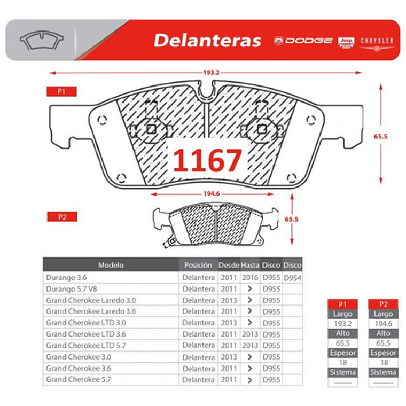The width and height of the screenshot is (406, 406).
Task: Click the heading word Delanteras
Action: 207,41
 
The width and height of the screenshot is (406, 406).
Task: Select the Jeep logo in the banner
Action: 346,42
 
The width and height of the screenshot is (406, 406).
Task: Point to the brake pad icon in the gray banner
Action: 41,40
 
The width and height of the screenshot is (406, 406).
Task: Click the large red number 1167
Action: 207,160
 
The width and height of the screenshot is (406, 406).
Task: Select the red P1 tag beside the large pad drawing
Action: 61,92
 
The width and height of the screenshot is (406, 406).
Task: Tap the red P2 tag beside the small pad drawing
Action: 61,217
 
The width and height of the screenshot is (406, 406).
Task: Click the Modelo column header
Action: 111,265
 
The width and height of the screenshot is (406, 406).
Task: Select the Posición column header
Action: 198,265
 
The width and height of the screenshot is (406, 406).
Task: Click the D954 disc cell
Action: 292,278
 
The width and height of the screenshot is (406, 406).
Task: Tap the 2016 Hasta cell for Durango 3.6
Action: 249,278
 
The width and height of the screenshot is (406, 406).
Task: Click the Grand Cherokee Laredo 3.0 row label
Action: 91,300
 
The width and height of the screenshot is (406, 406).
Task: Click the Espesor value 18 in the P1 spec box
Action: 342,363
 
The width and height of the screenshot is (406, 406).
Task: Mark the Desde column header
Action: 229,265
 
